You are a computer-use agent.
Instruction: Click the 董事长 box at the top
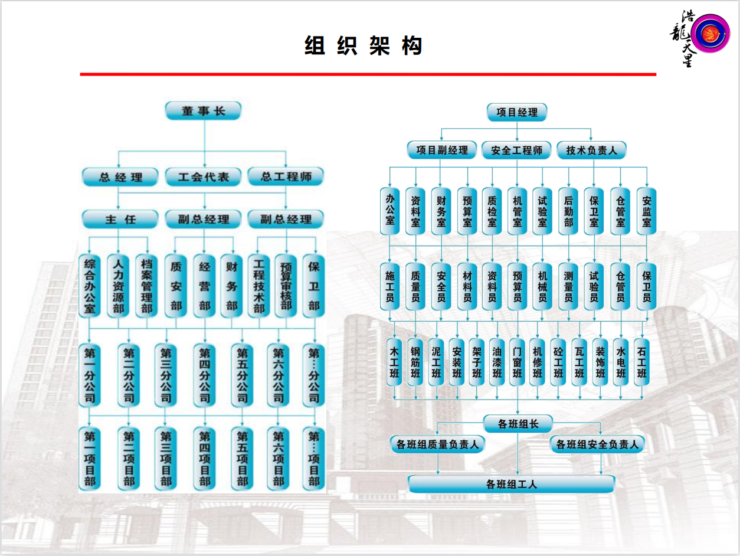point(204,111)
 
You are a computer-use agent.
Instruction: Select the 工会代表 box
point(204,176)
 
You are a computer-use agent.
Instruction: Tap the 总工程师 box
point(286,176)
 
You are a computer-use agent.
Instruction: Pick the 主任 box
point(120,220)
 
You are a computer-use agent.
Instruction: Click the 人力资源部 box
point(118,285)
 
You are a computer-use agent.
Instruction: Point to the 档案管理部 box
point(146,285)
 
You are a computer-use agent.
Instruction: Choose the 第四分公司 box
point(204,375)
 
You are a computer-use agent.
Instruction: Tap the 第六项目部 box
point(278,459)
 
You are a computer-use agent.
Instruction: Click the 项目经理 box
point(517,112)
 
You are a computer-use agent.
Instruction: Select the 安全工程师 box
point(516,150)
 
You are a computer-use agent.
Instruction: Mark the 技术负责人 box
point(591,150)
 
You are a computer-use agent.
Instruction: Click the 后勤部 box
point(568,211)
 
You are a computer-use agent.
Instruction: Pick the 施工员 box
point(389,286)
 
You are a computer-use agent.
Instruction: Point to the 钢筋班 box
point(415,362)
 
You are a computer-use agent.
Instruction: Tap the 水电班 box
point(620,362)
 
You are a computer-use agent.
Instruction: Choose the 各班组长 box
point(518,423)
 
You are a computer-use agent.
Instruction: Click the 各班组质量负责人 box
point(437,444)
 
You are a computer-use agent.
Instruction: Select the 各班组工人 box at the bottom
point(511,485)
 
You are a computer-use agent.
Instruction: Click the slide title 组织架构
point(364,45)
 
